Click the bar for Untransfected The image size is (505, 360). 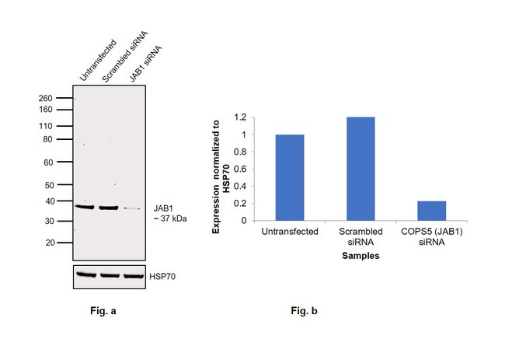[290, 177]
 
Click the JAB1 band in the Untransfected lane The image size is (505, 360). [84, 207]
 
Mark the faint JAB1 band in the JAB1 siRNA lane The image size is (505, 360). [133, 208]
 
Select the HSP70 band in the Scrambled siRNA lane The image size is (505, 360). [110, 275]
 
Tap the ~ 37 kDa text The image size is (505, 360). [170, 218]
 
